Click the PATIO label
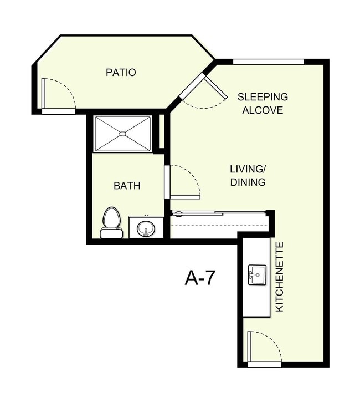tap(121, 73)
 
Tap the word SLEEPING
tap(263, 97)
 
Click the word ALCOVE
tap(263, 110)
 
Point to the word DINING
tap(248, 182)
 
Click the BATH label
tap(127, 186)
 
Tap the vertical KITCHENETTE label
tap(280, 276)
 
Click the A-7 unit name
tap(199, 278)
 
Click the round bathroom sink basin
tap(146, 228)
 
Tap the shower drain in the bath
tap(123, 134)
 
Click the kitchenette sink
tap(256, 274)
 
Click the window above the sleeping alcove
tap(268, 62)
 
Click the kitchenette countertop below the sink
tap(256, 302)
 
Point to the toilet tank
tap(111, 233)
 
